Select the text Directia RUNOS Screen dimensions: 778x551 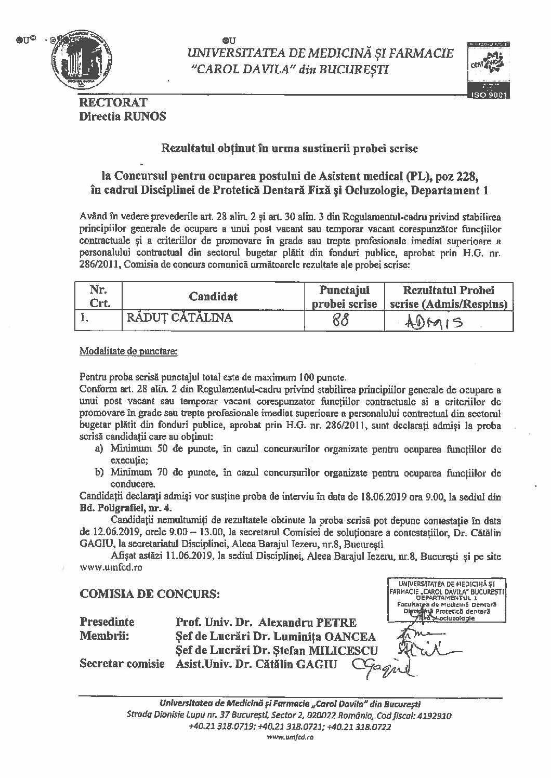(122, 116)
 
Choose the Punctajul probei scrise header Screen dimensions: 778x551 (344, 297)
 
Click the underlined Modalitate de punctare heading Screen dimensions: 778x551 (128, 352)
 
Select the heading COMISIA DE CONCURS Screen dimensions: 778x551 (149, 593)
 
